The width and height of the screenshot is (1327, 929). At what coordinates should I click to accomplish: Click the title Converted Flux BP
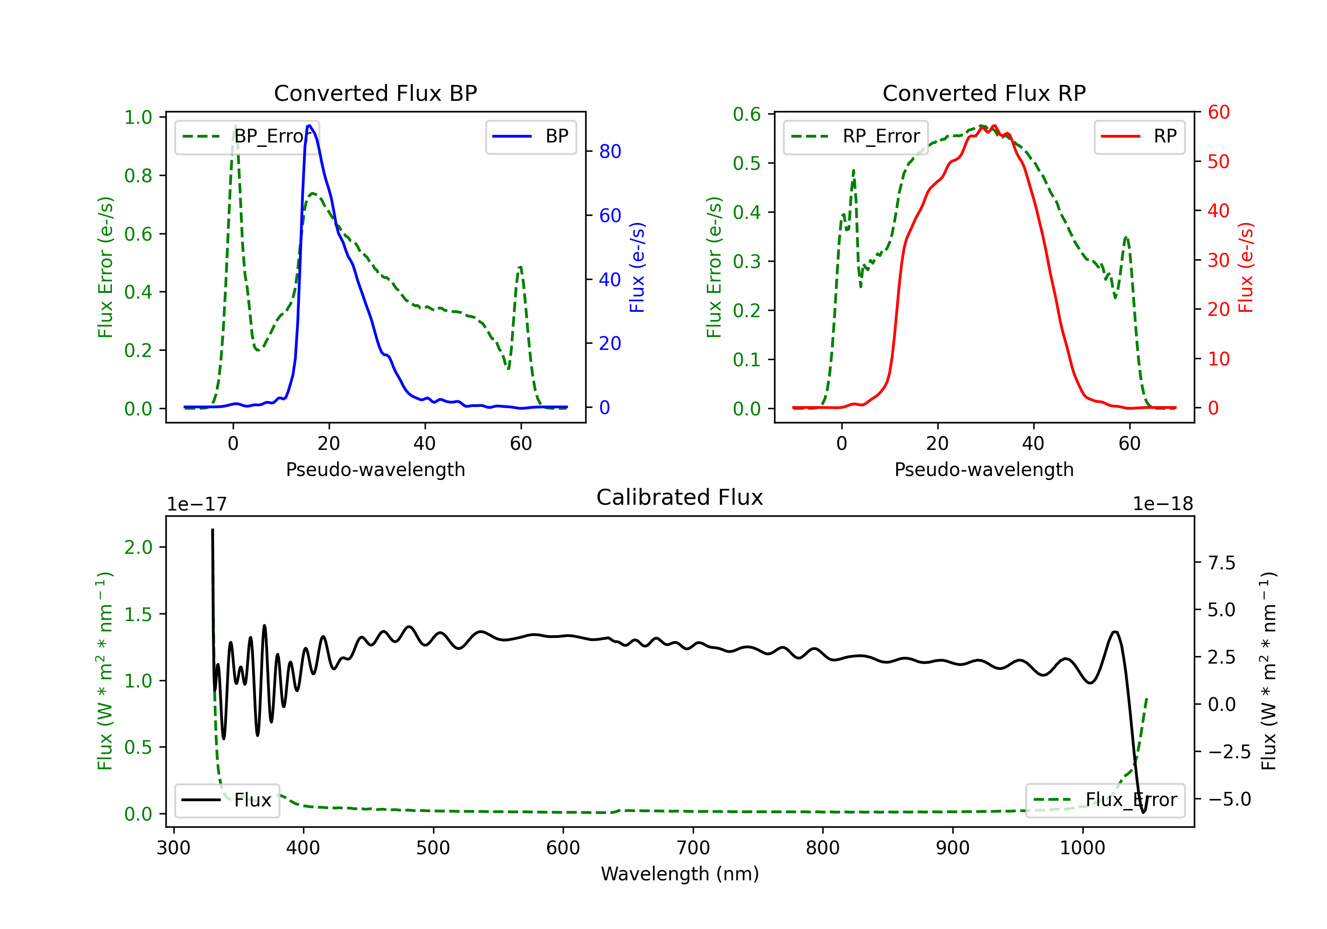pyautogui.click(x=375, y=93)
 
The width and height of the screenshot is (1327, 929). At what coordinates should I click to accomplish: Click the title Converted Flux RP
pyautogui.click(x=984, y=93)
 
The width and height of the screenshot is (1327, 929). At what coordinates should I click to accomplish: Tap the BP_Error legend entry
pyautogui.click(x=247, y=136)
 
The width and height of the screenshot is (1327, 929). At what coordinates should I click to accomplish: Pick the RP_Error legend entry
pyautogui.click(x=856, y=136)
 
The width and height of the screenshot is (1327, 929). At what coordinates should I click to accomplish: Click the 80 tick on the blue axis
pyautogui.click(x=610, y=151)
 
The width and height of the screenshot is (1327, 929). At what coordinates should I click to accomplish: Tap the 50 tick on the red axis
pyautogui.click(x=1218, y=161)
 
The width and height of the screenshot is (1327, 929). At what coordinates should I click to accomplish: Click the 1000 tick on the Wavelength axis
pyautogui.click(x=1082, y=848)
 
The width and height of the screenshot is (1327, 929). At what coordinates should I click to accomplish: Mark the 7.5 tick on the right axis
pyautogui.click(x=1221, y=562)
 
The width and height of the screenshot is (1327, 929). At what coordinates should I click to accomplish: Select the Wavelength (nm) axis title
pyautogui.click(x=680, y=874)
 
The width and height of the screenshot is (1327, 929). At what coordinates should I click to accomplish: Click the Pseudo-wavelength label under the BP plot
pyautogui.click(x=375, y=469)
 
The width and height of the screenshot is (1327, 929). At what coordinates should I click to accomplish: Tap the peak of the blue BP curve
pyautogui.click(x=310, y=126)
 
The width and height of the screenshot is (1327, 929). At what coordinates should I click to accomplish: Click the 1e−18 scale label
pyautogui.click(x=1162, y=504)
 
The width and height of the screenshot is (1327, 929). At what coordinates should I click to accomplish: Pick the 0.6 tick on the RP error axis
pyautogui.click(x=747, y=115)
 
